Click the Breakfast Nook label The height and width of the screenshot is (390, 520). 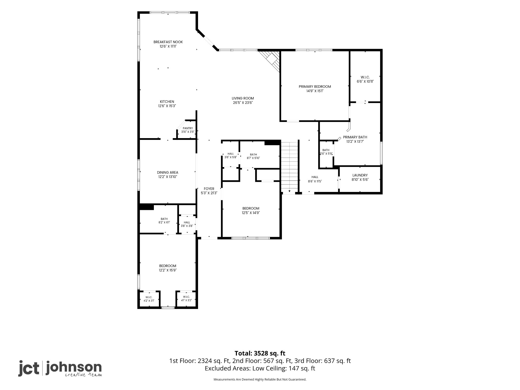[x=168, y=42]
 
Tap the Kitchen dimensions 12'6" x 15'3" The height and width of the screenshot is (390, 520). [x=167, y=106]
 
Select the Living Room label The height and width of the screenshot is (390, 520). [x=243, y=98]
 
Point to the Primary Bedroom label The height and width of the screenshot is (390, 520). [x=315, y=87]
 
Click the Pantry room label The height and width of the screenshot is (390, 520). [x=188, y=128]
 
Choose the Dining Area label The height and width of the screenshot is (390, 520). [x=168, y=172]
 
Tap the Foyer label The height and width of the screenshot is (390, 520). [x=209, y=189]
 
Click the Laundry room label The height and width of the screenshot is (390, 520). [x=360, y=175]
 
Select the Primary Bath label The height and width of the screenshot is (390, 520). [x=355, y=137]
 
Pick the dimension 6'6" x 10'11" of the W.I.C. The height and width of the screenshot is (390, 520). [x=365, y=82]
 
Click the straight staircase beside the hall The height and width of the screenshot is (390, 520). [x=289, y=167]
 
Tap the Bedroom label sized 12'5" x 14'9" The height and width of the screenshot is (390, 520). [x=251, y=208]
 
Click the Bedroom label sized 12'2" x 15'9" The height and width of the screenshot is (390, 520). [x=168, y=266]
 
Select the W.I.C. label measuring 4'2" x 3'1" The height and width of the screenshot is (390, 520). [x=149, y=297]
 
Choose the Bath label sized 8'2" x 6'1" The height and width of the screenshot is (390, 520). [x=164, y=219]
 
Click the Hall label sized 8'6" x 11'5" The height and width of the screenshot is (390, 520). [x=315, y=177]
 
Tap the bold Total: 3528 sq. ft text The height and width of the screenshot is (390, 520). [x=260, y=353]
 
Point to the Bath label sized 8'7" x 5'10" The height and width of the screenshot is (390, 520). [x=253, y=154]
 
